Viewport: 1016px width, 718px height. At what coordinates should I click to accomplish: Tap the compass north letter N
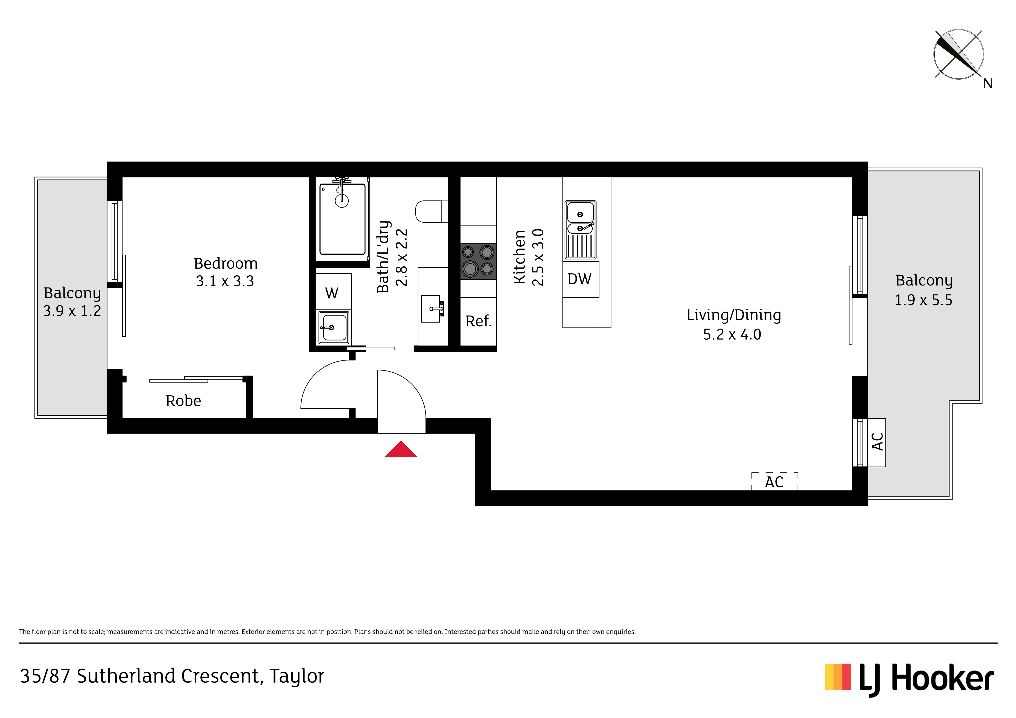click(x=988, y=84)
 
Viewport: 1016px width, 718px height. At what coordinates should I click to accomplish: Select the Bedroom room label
click(x=226, y=264)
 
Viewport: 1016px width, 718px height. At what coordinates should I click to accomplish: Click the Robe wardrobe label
click(x=183, y=401)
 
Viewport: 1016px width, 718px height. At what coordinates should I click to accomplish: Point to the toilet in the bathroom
click(x=432, y=211)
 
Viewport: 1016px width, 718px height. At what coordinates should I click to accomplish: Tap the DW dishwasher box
click(x=581, y=279)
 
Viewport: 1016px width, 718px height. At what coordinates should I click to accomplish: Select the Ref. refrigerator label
click(x=478, y=321)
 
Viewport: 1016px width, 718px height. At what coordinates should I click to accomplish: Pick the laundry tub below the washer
click(x=334, y=328)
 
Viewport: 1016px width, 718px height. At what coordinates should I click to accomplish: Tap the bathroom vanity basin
click(x=432, y=309)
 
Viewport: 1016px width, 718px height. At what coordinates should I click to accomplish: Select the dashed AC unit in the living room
click(x=774, y=481)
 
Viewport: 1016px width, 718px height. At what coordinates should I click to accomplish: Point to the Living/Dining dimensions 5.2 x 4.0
click(x=732, y=334)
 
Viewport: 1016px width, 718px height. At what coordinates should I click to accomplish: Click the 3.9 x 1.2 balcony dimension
click(x=72, y=311)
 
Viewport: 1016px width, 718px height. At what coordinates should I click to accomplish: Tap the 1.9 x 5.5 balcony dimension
click(x=924, y=300)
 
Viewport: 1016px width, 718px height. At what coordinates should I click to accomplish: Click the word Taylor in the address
click(x=297, y=676)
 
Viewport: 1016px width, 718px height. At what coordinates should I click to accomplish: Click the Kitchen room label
click(x=520, y=257)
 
